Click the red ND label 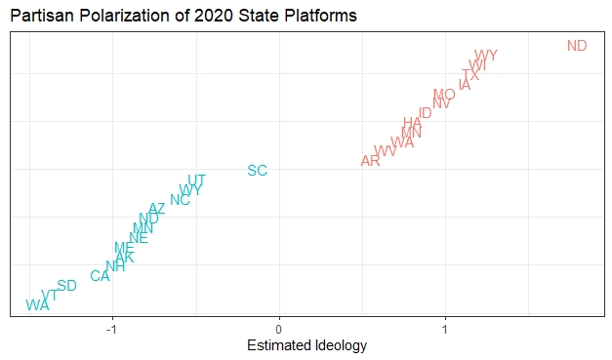[577, 46]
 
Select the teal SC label [257, 171]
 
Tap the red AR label [371, 161]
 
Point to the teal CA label [101, 276]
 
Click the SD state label [66, 286]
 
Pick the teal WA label [37, 305]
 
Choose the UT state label [196, 180]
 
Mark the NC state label [180, 201]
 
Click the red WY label [485, 56]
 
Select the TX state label [470, 75]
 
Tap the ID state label [425, 113]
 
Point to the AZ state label [157, 209]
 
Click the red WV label [386, 151]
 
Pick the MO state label [444, 95]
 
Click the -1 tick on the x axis [112, 328]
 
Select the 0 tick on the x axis [279, 328]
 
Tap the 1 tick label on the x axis [446, 328]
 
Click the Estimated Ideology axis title [306, 346]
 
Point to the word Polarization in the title [113, 17]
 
